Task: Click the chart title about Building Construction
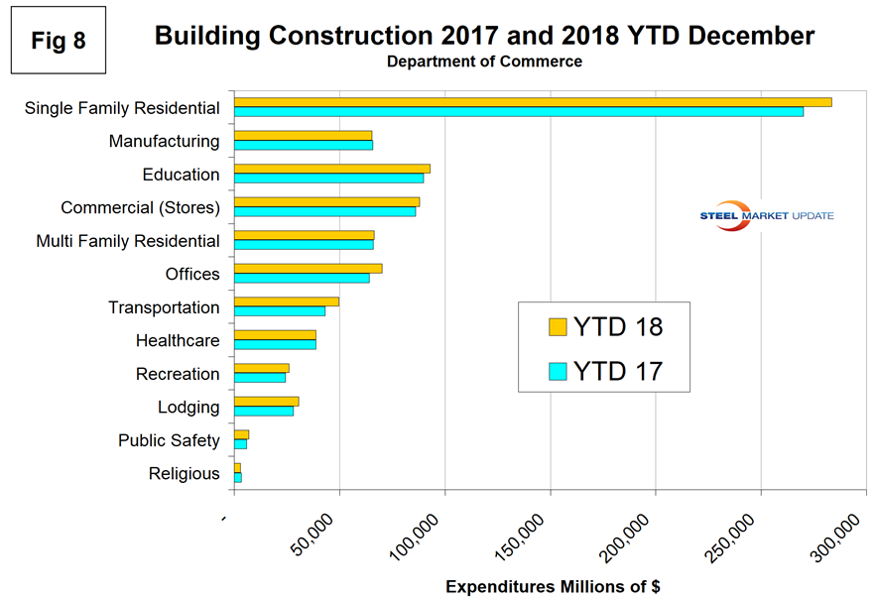pyautogui.click(x=484, y=37)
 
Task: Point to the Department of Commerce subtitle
pyautogui.click(x=484, y=61)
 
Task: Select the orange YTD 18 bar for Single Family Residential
pyautogui.click(x=532, y=102)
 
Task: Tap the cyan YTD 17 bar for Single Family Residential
pyautogui.click(x=518, y=112)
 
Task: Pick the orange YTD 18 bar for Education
pyautogui.click(x=331, y=169)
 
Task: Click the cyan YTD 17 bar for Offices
pyautogui.click(x=302, y=279)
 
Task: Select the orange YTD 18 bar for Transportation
pyautogui.click(x=286, y=301)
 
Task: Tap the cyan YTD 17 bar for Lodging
pyautogui.click(x=263, y=412)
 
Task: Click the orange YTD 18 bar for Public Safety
pyautogui.click(x=241, y=434)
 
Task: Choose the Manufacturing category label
pyautogui.click(x=164, y=141)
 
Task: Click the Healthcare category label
pyautogui.click(x=178, y=341)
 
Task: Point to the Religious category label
pyautogui.click(x=184, y=474)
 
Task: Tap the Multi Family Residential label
pyautogui.click(x=128, y=241)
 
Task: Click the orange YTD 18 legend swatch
pyautogui.click(x=557, y=327)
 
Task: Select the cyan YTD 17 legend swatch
pyautogui.click(x=557, y=371)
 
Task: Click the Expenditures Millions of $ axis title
pyautogui.click(x=553, y=587)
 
